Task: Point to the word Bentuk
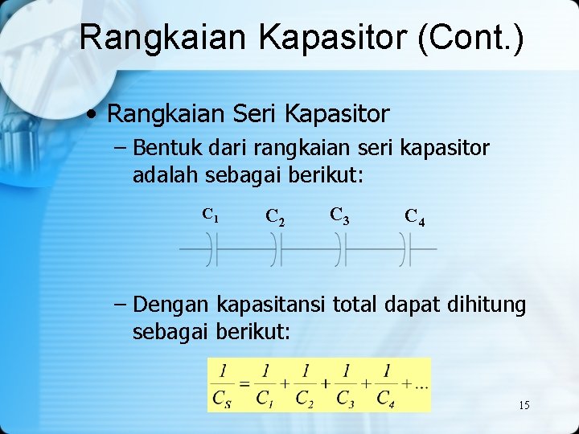pyautogui.click(x=166, y=149)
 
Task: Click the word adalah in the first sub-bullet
pyautogui.click(x=166, y=174)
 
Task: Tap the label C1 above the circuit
pyautogui.click(x=211, y=215)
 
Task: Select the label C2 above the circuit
pyautogui.click(x=273, y=217)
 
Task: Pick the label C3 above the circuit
pyautogui.click(x=339, y=215)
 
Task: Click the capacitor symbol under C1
pyautogui.click(x=211, y=249)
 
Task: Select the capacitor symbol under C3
pyautogui.click(x=342, y=249)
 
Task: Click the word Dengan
pyautogui.click(x=171, y=305)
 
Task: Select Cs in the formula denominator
pyautogui.click(x=222, y=398)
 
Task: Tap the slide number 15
pyautogui.click(x=524, y=405)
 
